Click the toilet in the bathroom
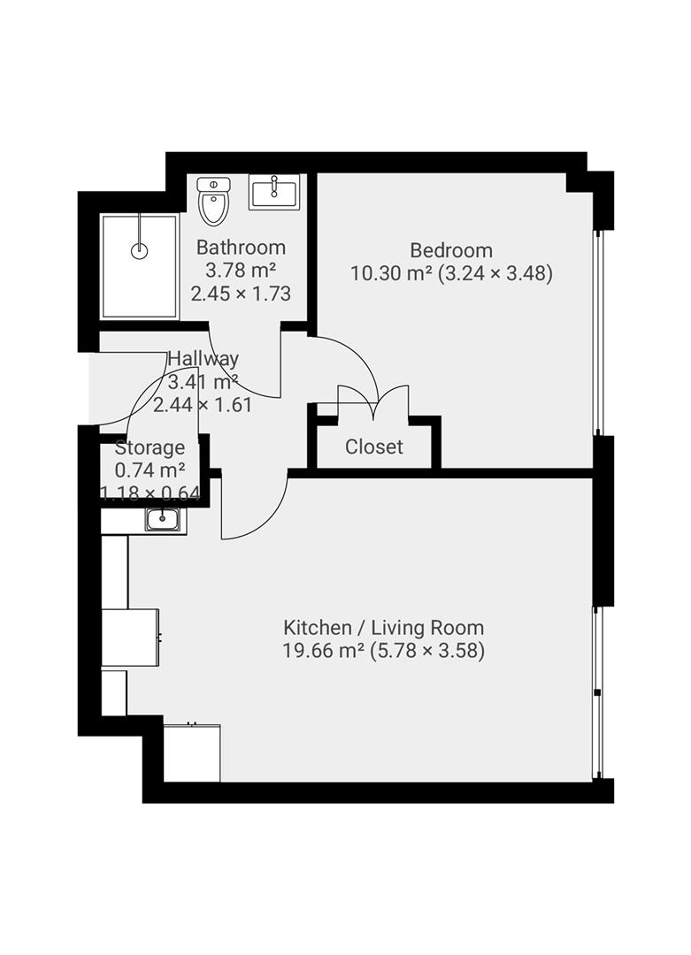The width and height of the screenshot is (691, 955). click(213, 201)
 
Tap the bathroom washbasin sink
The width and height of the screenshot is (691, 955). click(274, 191)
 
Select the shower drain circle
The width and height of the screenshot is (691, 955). click(140, 249)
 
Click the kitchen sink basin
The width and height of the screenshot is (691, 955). click(163, 520)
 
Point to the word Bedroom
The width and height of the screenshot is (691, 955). click(451, 250)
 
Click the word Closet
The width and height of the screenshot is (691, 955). click(374, 447)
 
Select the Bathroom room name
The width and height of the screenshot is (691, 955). click(241, 248)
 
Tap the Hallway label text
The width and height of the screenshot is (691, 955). click(203, 358)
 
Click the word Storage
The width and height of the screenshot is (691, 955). click(150, 447)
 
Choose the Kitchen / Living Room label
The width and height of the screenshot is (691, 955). click(384, 627)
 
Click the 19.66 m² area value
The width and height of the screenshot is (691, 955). click(324, 651)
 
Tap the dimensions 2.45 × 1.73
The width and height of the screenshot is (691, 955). click(241, 294)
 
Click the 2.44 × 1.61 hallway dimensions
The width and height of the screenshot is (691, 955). click(203, 404)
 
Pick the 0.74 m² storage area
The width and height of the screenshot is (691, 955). click(150, 470)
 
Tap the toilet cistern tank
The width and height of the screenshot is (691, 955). click(213, 184)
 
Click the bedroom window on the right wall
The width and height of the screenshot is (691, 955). click(599, 332)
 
